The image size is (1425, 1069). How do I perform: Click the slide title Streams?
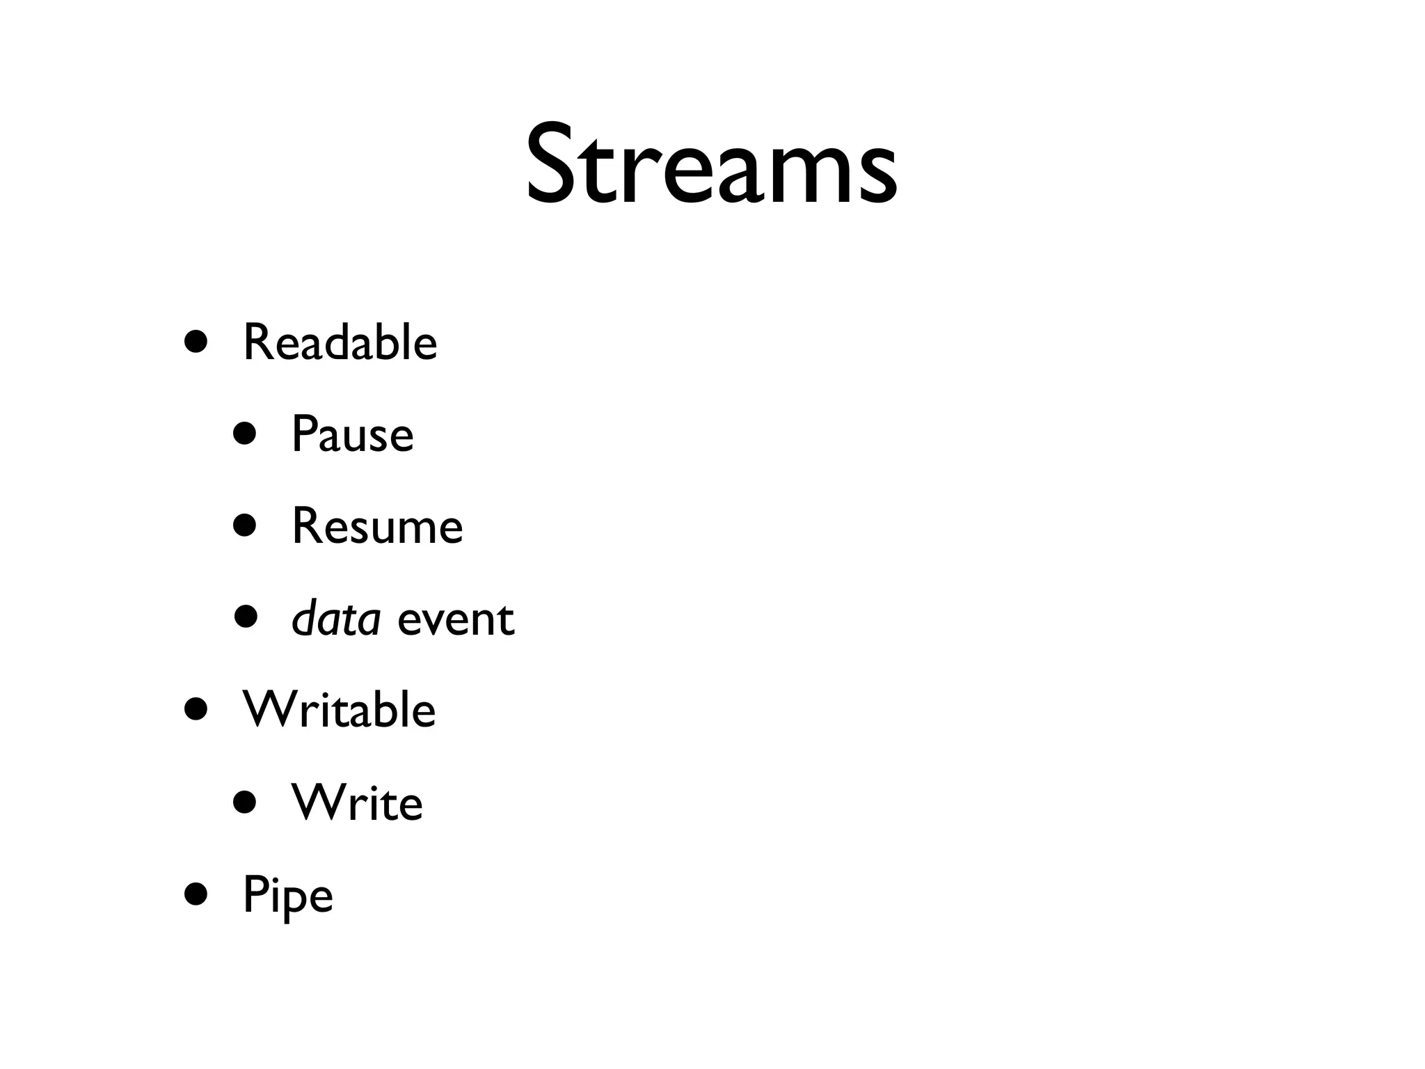pyautogui.click(x=711, y=165)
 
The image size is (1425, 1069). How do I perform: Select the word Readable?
pyautogui.click(x=340, y=342)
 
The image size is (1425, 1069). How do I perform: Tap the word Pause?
pyautogui.click(x=352, y=434)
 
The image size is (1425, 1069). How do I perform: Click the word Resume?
pyautogui.click(x=377, y=526)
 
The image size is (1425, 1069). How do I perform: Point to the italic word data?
pyautogui.click(x=336, y=618)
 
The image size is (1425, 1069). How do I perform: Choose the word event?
pyautogui.click(x=456, y=619)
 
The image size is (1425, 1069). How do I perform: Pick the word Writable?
pyautogui.click(x=339, y=710)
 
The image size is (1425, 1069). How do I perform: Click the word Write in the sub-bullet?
pyautogui.click(x=357, y=802)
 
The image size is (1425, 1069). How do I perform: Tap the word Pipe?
pyautogui.click(x=287, y=896)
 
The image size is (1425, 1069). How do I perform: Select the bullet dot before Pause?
pyautogui.click(x=245, y=434)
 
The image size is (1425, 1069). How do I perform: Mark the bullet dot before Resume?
pyautogui.click(x=245, y=526)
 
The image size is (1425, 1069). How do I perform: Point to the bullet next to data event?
pyautogui.click(x=245, y=617)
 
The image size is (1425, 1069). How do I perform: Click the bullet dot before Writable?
pyautogui.click(x=196, y=710)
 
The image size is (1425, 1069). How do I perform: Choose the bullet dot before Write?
pyautogui.click(x=245, y=802)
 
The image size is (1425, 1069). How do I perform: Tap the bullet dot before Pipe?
pyautogui.click(x=196, y=894)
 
